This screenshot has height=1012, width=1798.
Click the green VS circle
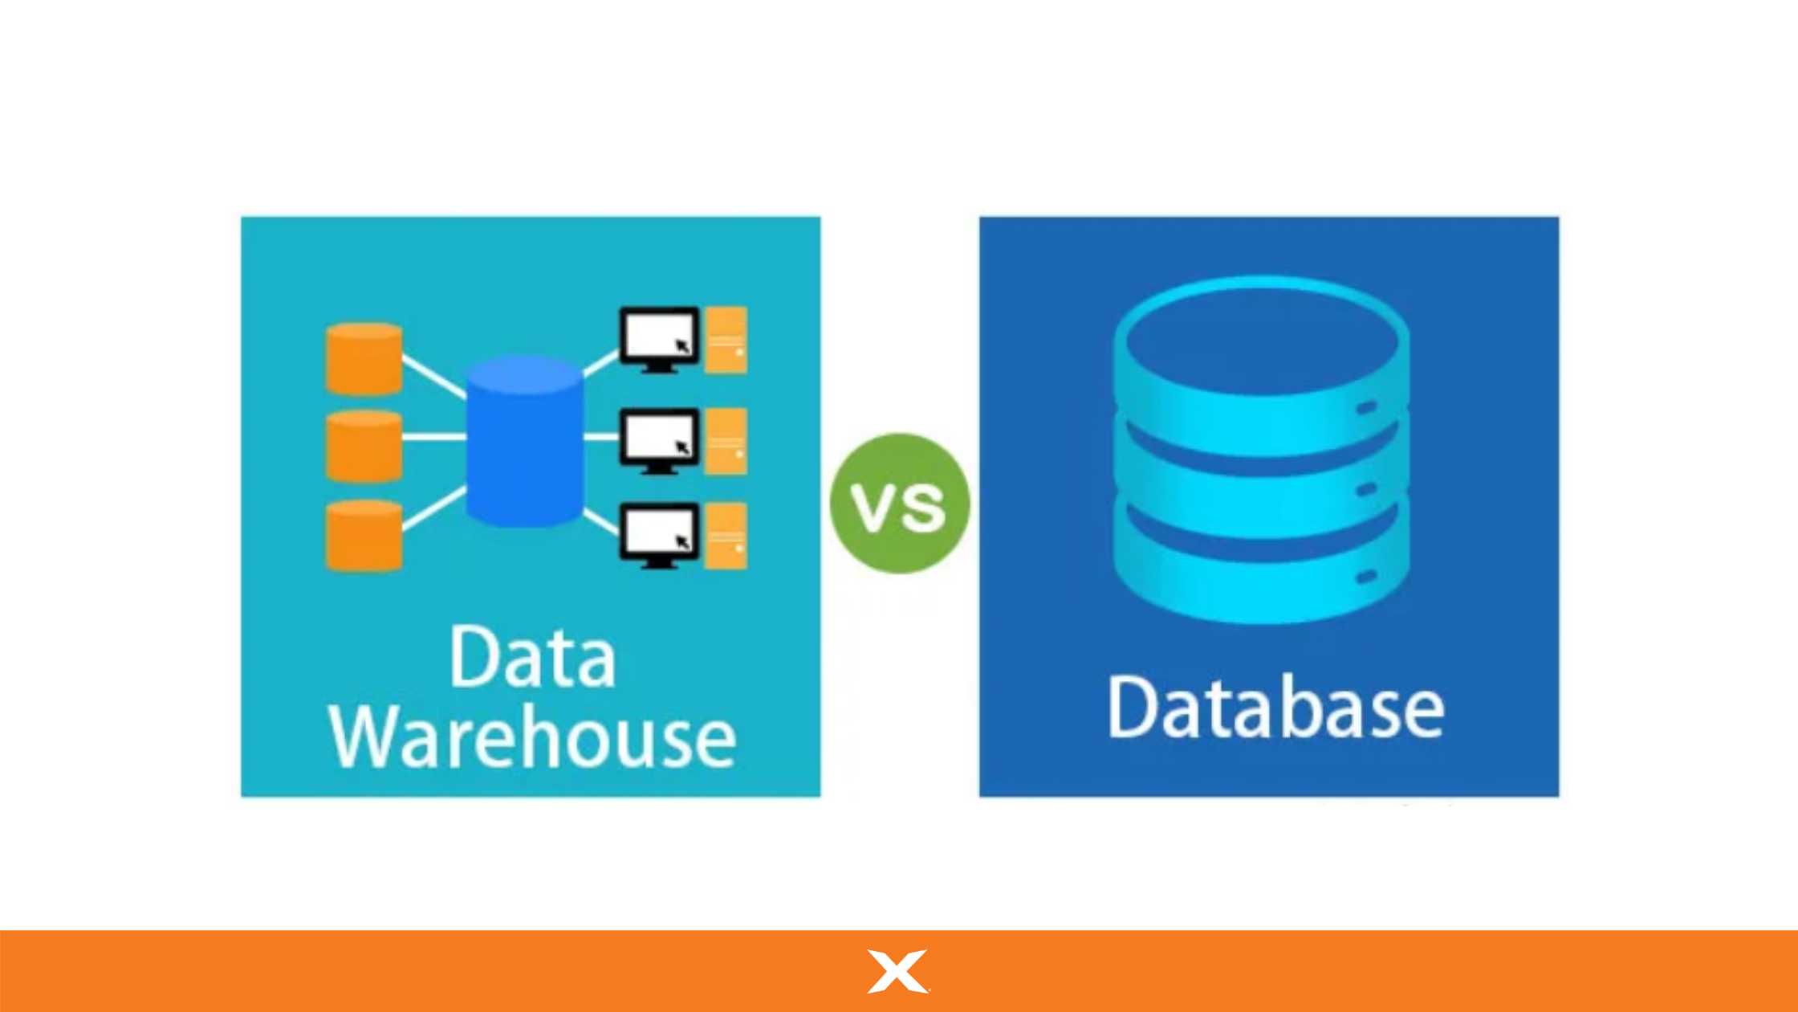[x=899, y=504]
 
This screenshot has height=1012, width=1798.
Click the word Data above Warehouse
[x=532, y=657]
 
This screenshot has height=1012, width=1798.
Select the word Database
[x=1275, y=708]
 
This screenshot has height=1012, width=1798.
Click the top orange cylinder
[x=364, y=359]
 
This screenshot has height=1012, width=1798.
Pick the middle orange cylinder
[x=364, y=446]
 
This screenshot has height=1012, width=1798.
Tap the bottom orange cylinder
[x=364, y=536]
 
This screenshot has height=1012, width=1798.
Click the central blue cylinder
[x=524, y=442]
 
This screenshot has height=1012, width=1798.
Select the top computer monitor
[x=658, y=337]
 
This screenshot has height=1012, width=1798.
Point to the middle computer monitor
[x=658, y=439]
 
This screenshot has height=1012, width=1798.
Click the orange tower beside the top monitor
[x=726, y=340]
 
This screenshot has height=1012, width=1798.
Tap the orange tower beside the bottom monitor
[x=726, y=536]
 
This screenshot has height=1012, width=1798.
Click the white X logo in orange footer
[x=897, y=971]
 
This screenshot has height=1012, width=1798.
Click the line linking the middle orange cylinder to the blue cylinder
[x=433, y=437]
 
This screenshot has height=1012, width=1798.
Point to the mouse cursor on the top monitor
[x=682, y=346]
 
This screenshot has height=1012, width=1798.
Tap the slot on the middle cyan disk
[x=1367, y=489]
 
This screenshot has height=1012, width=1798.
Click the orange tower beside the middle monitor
[x=726, y=441]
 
